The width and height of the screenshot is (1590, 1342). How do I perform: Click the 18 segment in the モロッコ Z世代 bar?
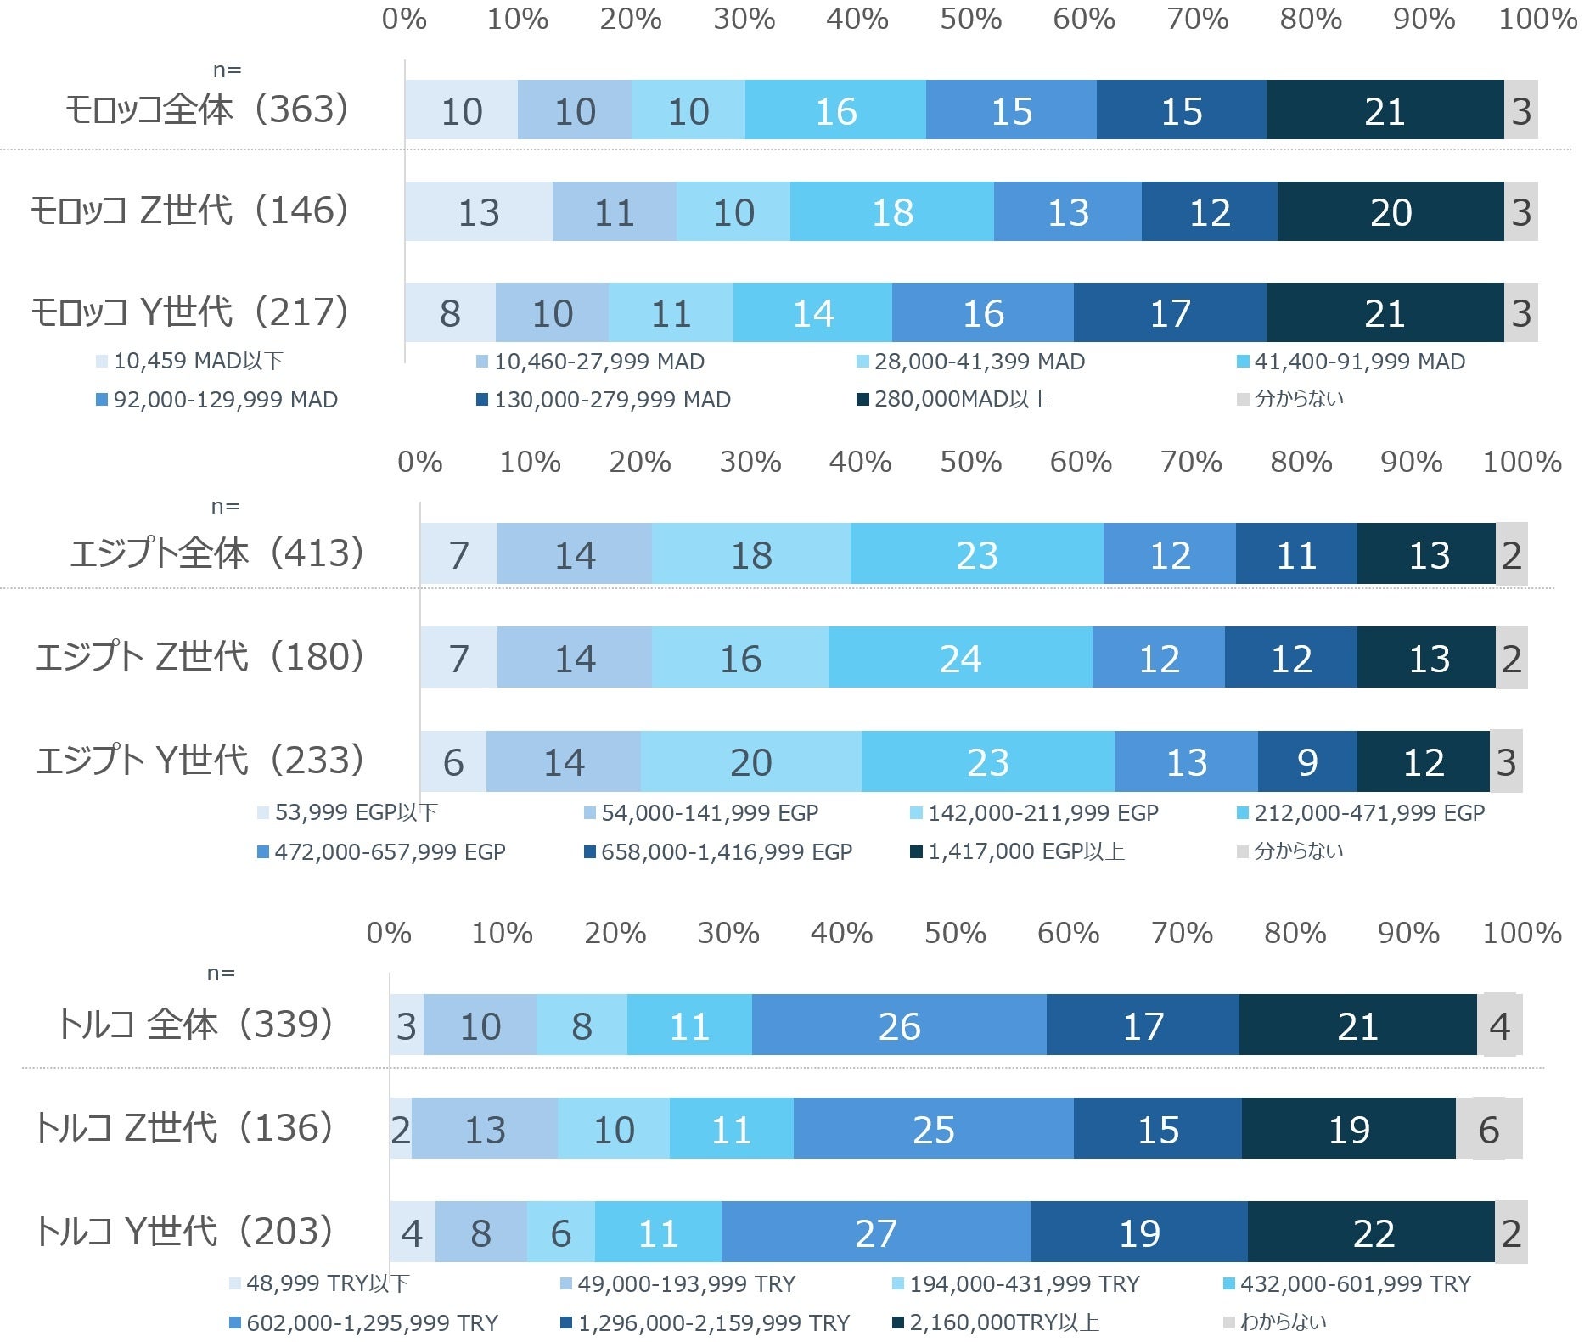coord(891,211)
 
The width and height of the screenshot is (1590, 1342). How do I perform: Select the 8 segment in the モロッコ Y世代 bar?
coord(450,312)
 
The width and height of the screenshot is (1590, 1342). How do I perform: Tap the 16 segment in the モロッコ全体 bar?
coord(835,109)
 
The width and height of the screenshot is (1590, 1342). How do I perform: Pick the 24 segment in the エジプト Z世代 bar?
coord(960,657)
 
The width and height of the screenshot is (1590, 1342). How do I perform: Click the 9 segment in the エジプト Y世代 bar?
coord(1307,761)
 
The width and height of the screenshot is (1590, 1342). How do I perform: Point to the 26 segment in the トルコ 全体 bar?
coord(899,1025)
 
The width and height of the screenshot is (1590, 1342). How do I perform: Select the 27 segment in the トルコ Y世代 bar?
coord(875,1232)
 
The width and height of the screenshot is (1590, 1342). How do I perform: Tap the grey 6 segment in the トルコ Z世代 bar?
coord(1489,1128)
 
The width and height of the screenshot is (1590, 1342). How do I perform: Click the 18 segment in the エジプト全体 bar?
coord(751,553)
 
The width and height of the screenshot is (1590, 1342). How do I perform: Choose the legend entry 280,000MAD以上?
coord(953,399)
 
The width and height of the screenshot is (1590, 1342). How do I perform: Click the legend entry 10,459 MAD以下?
coord(189,361)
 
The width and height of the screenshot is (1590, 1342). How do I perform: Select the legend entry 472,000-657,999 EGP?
coord(381,851)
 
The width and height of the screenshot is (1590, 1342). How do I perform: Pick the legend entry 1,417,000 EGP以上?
coord(1018,851)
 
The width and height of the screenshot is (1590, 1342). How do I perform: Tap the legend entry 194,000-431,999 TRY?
coord(1016,1283)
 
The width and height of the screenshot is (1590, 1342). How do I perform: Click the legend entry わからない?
coord(1275,1322)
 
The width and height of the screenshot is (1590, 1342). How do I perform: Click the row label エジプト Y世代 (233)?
coord(200,760)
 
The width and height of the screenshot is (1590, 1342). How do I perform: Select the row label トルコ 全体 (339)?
coord(195,1024)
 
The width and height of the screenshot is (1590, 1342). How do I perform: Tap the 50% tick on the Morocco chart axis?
coord(970,19)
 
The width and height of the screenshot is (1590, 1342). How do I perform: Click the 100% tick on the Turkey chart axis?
coord(1522,933)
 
